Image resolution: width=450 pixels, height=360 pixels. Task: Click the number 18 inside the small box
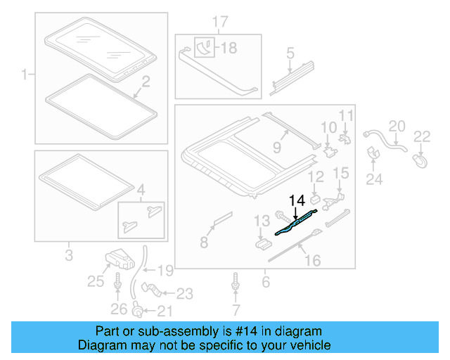click(x=231, y=48)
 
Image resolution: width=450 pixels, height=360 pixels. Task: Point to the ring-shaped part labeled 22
click(x=421, y=161)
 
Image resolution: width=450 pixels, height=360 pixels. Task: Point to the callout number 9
click(x=276, y=147)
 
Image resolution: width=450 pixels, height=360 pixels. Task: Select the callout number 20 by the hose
click(x=397, y=125)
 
